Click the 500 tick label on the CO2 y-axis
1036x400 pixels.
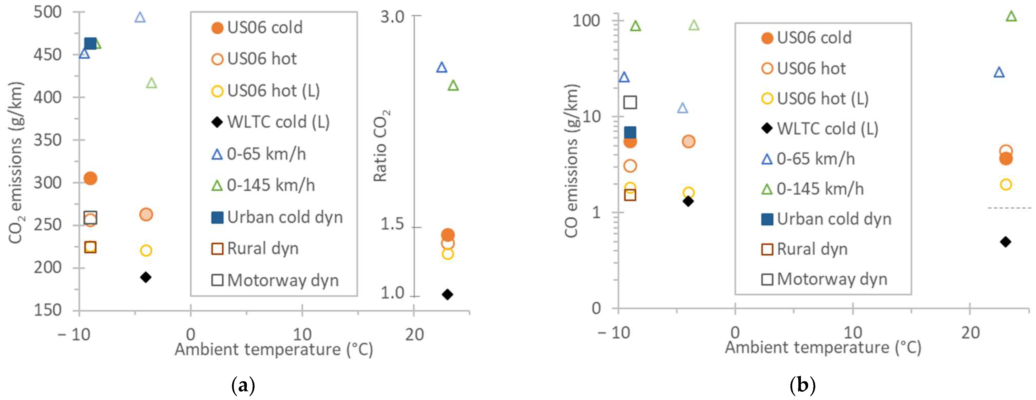47,12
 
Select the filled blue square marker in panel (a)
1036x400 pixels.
91,43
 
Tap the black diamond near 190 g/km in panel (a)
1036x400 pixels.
146,277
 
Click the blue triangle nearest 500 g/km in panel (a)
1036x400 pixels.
140,17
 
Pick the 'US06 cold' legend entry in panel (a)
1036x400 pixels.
265,28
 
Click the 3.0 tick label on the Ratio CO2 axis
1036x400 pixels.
392,17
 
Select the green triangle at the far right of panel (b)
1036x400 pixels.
1011,16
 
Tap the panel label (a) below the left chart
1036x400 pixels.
243,386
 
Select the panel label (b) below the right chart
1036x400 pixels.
802,386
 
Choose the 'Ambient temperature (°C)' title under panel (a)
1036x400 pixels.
274,349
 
